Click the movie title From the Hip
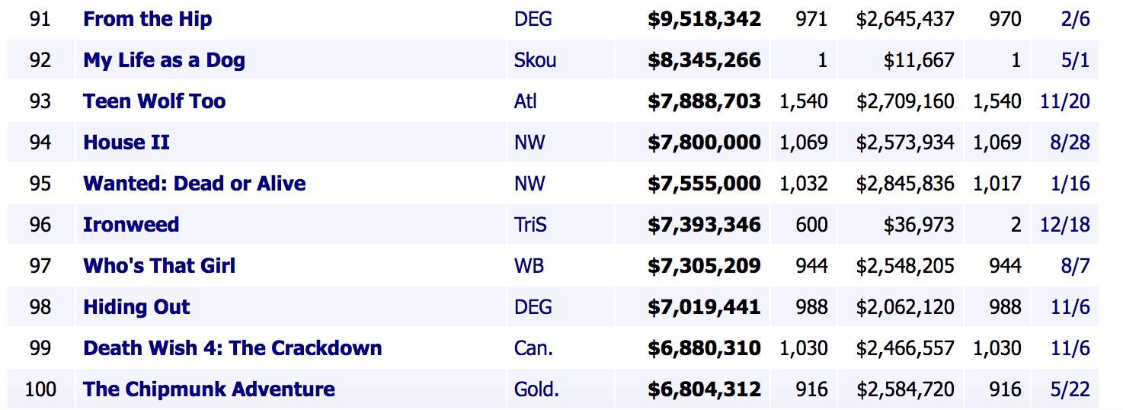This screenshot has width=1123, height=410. point(147,19)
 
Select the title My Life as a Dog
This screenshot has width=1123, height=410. point(164,60)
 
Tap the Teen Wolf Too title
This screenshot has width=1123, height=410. point(154,101)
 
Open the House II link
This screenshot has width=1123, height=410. point(126,143)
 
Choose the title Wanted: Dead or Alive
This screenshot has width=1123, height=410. point(194,184)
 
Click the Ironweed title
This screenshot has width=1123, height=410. point(131,225)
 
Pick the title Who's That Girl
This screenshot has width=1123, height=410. point(159,266)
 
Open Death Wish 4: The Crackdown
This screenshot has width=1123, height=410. point(232,348)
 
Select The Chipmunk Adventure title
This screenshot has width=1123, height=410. point(209,389)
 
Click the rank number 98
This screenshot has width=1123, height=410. point(40,307)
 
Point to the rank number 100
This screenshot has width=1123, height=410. point(40,389)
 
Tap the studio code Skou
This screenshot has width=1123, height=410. point(535,60)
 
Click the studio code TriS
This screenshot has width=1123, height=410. point(530,225)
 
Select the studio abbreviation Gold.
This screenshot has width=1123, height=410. point(536,389)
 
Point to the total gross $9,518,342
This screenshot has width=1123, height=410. point(704,19)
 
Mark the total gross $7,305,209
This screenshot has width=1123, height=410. point(704,266)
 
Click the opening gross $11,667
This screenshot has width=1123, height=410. point(919,60)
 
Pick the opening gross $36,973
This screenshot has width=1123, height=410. point(919,225)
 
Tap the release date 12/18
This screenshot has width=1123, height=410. point(1064,225)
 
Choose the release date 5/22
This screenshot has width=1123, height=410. point(1070,389)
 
